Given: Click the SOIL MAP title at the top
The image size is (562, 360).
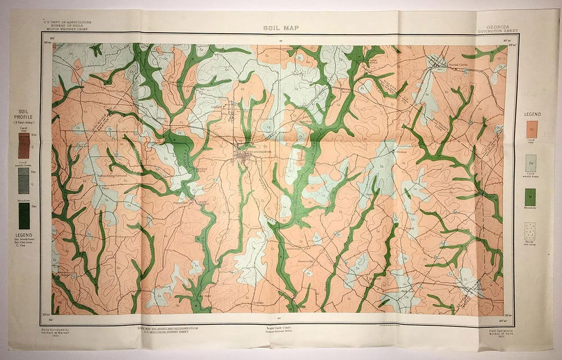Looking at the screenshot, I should pos(280,28).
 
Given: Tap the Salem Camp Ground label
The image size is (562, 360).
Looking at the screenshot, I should pos(113,176).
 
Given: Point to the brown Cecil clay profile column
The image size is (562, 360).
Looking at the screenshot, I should pos(24,146).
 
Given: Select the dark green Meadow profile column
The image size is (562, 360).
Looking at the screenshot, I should pos(24,215).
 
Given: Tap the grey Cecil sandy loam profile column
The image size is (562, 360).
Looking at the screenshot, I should pos(24,181).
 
